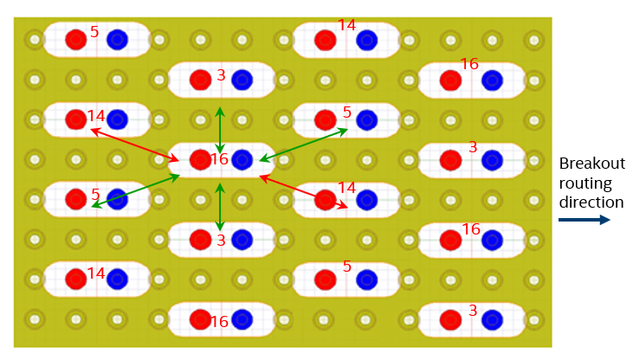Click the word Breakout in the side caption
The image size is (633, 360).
(591, 164)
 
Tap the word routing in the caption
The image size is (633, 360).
(585, 183)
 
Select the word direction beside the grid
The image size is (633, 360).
(591, 202)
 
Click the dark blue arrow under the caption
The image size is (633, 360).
(584, 221)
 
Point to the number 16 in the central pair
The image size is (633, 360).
(219, 160)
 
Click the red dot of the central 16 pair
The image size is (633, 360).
(200, 159)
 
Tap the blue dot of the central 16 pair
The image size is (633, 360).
(242, 159)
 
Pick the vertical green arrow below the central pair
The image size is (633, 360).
(220, 206)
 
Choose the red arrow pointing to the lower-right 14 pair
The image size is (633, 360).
(303, 193)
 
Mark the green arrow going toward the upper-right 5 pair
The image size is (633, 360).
(303, 145)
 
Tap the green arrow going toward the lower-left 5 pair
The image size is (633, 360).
(135, 191)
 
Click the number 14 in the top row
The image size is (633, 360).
(346, 26)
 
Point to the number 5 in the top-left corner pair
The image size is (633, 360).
(94, 32)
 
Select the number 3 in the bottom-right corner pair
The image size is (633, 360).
(472, 310)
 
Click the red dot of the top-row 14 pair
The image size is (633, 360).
(325, 39)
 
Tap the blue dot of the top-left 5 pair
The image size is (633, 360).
(118, 39)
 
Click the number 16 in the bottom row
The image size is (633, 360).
(219, 322)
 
